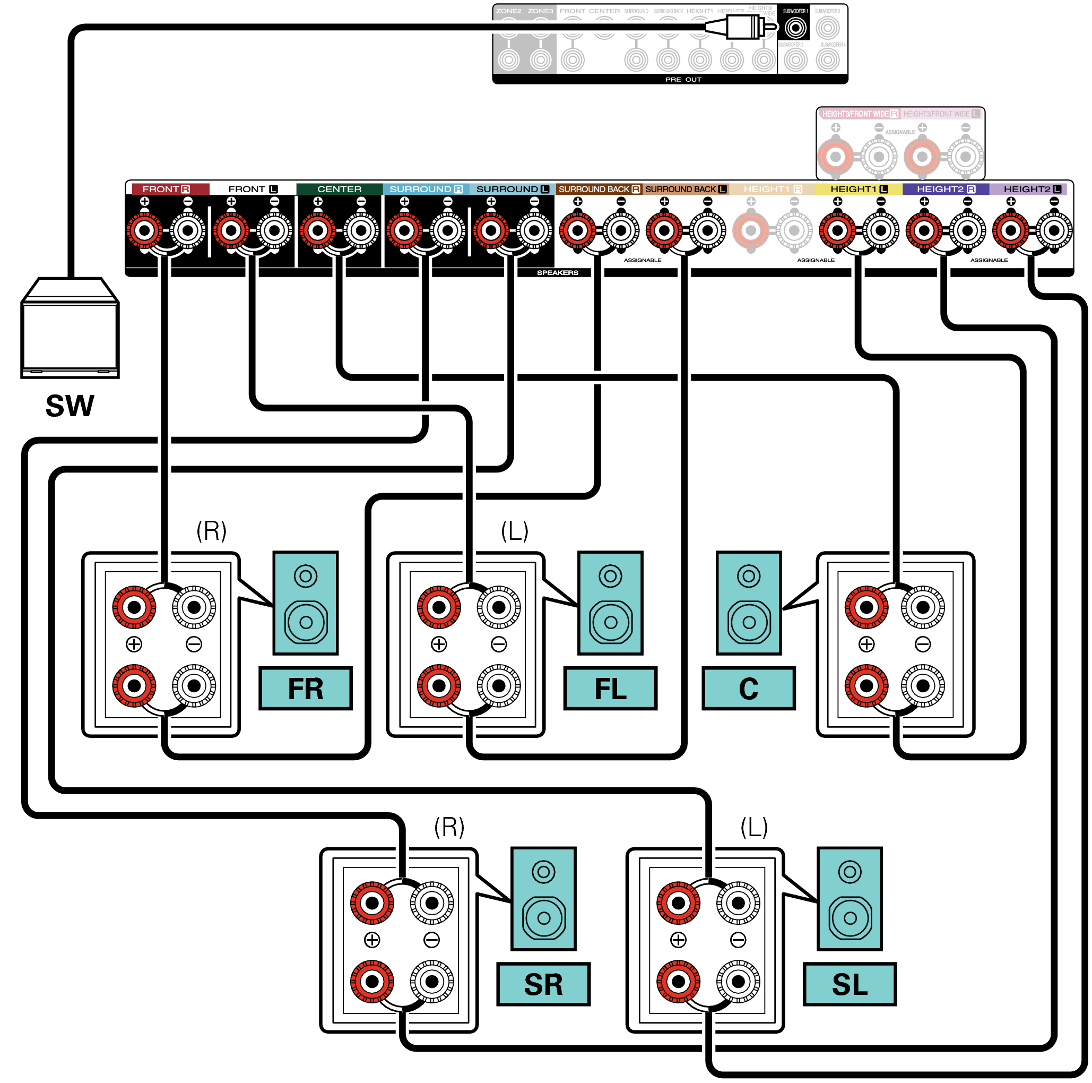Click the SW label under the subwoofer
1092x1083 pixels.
70,406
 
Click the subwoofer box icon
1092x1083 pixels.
70,328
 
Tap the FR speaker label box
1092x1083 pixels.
305,688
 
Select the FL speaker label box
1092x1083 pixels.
610,688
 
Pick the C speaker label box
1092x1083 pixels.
748,688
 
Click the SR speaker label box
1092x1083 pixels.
543,984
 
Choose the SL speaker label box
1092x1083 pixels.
850,984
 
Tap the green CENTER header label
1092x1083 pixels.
339,189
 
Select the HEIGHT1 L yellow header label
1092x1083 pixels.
858,189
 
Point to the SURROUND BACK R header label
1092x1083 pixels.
599,189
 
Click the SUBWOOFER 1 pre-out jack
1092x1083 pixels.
795,27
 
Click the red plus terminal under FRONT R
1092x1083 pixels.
145,230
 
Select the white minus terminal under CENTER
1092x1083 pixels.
361,230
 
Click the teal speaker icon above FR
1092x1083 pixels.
305,603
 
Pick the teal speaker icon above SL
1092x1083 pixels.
850,899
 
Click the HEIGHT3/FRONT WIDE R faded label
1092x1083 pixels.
859,114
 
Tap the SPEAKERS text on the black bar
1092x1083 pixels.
557,272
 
